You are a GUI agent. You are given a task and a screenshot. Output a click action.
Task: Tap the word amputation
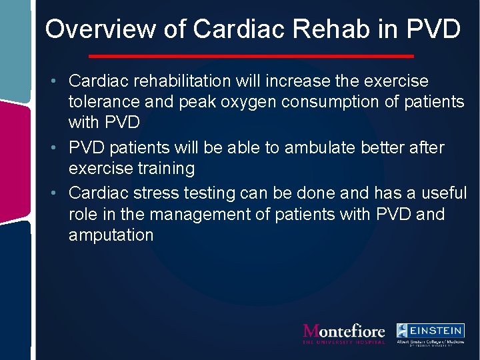click(x=111, y=235)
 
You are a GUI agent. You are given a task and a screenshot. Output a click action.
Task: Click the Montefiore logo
click(x=344, y=333)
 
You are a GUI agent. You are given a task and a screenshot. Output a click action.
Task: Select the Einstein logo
click(x=430, y=334)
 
